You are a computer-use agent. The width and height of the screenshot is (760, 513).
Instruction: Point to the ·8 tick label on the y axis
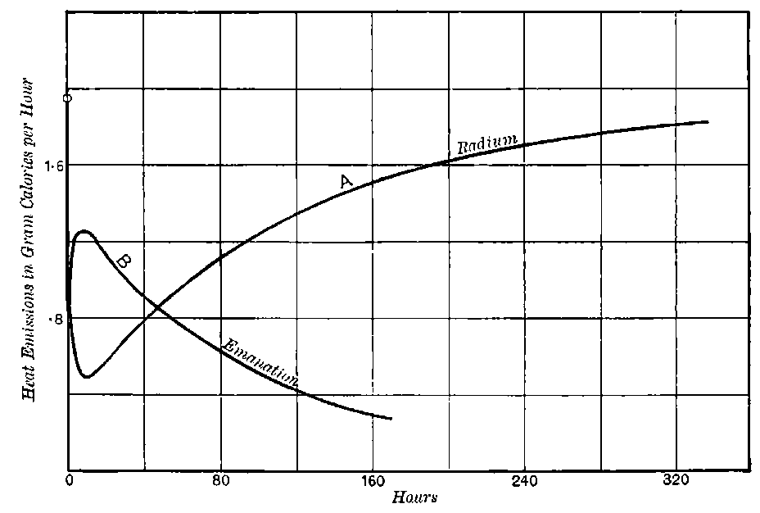click(55, 319)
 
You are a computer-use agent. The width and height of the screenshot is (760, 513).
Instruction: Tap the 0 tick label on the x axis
click(70, 482)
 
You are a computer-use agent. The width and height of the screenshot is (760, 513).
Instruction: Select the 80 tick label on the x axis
click(220, 482)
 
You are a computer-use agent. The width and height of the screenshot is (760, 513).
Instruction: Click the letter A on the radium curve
click(346, 182)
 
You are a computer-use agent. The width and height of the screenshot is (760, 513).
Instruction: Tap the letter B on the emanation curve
click(124, 261)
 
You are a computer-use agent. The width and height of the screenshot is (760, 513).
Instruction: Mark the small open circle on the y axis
click(67, 98)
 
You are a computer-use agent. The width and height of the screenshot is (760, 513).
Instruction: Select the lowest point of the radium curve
click(86, 377)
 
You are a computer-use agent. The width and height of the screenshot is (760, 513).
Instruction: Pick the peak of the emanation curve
click(82, 232)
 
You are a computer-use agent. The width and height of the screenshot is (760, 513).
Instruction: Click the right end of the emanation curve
click(391, 419)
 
